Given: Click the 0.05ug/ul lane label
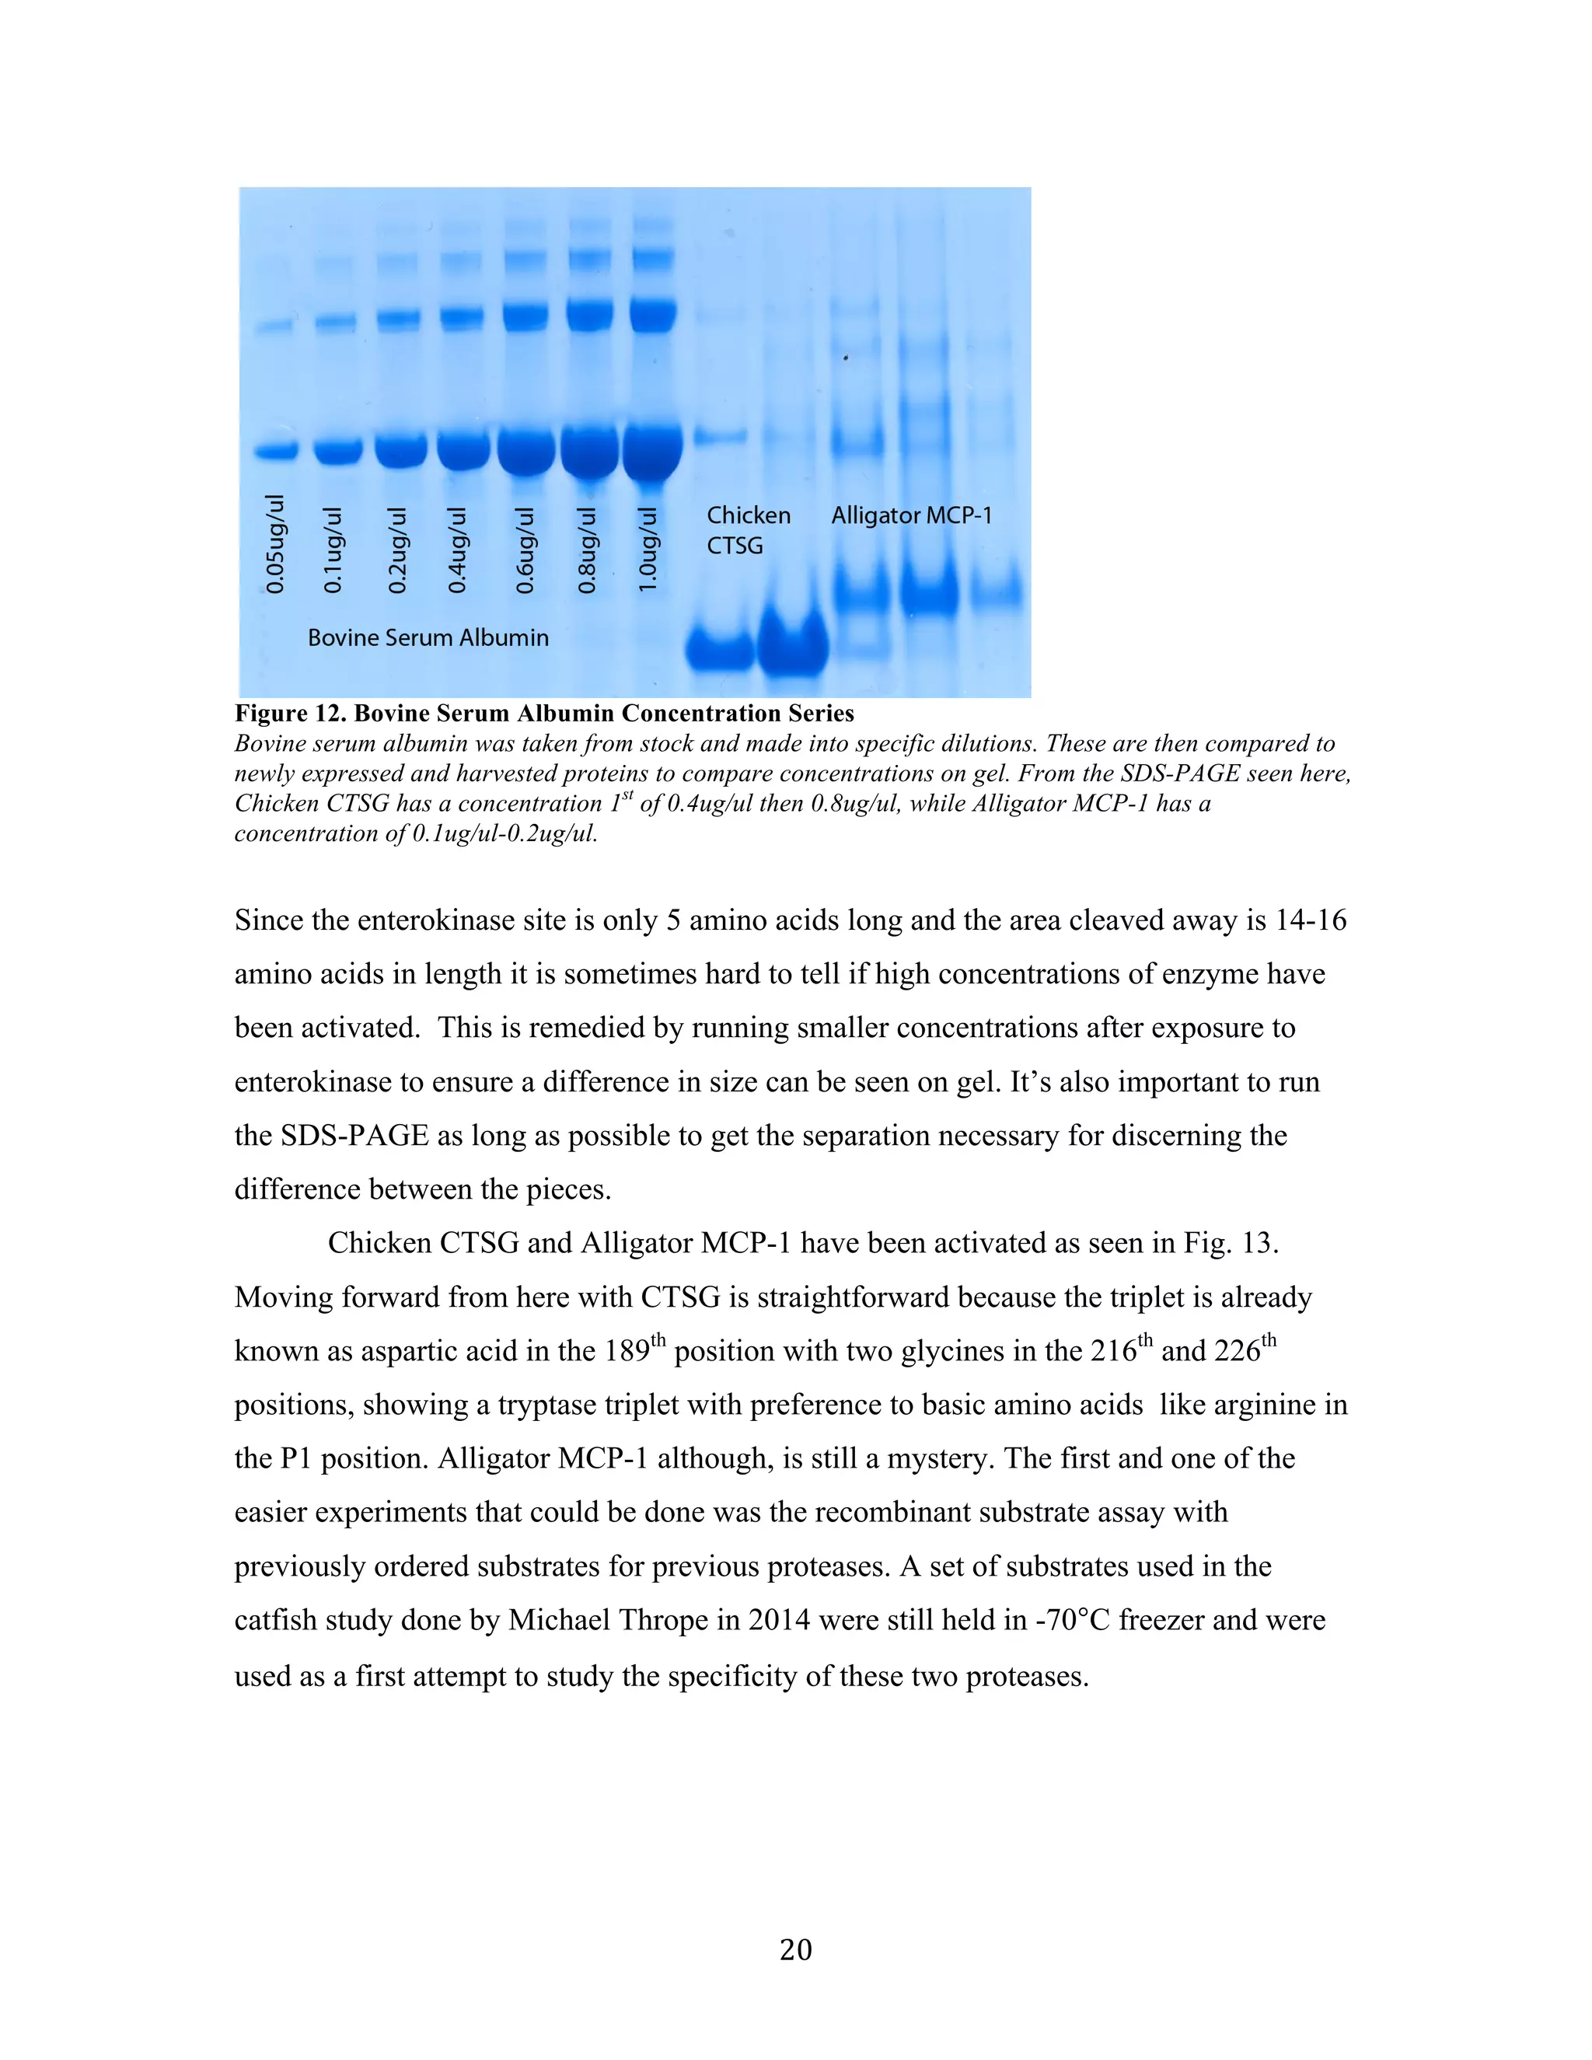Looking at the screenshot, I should pos(274,544).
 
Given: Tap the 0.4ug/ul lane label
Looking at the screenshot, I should pos(456,550).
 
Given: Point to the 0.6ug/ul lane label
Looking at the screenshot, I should pos(525,550).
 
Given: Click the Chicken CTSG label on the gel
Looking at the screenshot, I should pos(748,530).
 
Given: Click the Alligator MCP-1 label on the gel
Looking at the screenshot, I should pos(911,516).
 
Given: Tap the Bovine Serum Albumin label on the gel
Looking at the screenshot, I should pos(428,637).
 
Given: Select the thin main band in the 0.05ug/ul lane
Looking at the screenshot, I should pos(276,451).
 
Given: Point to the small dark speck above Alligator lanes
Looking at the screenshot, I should pos(845,358).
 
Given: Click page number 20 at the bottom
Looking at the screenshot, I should pos(795,1949).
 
